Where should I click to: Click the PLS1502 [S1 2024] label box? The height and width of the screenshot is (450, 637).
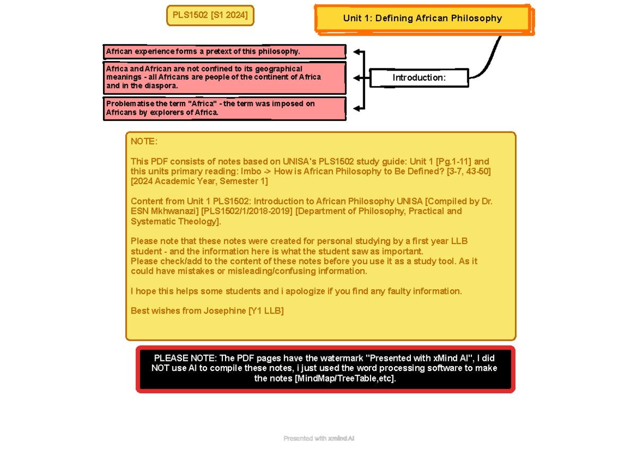pyautogui.click(x=210, y=15)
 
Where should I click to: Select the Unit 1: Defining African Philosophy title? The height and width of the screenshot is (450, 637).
pyautogui.click(x=422, y=19)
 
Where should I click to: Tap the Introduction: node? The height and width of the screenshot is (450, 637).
pyautogui.click(x=419, y=78)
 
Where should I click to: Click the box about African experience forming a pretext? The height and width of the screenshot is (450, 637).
pyautogui.click(x=224, y=51)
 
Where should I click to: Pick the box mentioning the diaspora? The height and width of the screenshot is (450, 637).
pyautogui.click(x=224, y=77)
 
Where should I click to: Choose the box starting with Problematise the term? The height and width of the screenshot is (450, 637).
pyautogui.click(x=224, y=108)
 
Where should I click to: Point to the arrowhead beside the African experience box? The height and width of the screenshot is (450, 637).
pyautogui.click(x=358, y=52)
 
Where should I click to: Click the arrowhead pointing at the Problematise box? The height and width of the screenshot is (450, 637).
pyautogui.click(x=358, y=108)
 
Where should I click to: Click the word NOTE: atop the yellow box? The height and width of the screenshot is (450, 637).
pyautogui.click(x=144, y=142)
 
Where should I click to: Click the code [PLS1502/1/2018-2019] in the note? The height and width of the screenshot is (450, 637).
pyautogui.click(x=247, y=211)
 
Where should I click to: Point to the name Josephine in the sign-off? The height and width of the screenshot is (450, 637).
pyautogui.click(x=225, y=311)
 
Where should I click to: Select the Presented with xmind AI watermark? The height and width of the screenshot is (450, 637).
pyautogui.click(x=318, y=438)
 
